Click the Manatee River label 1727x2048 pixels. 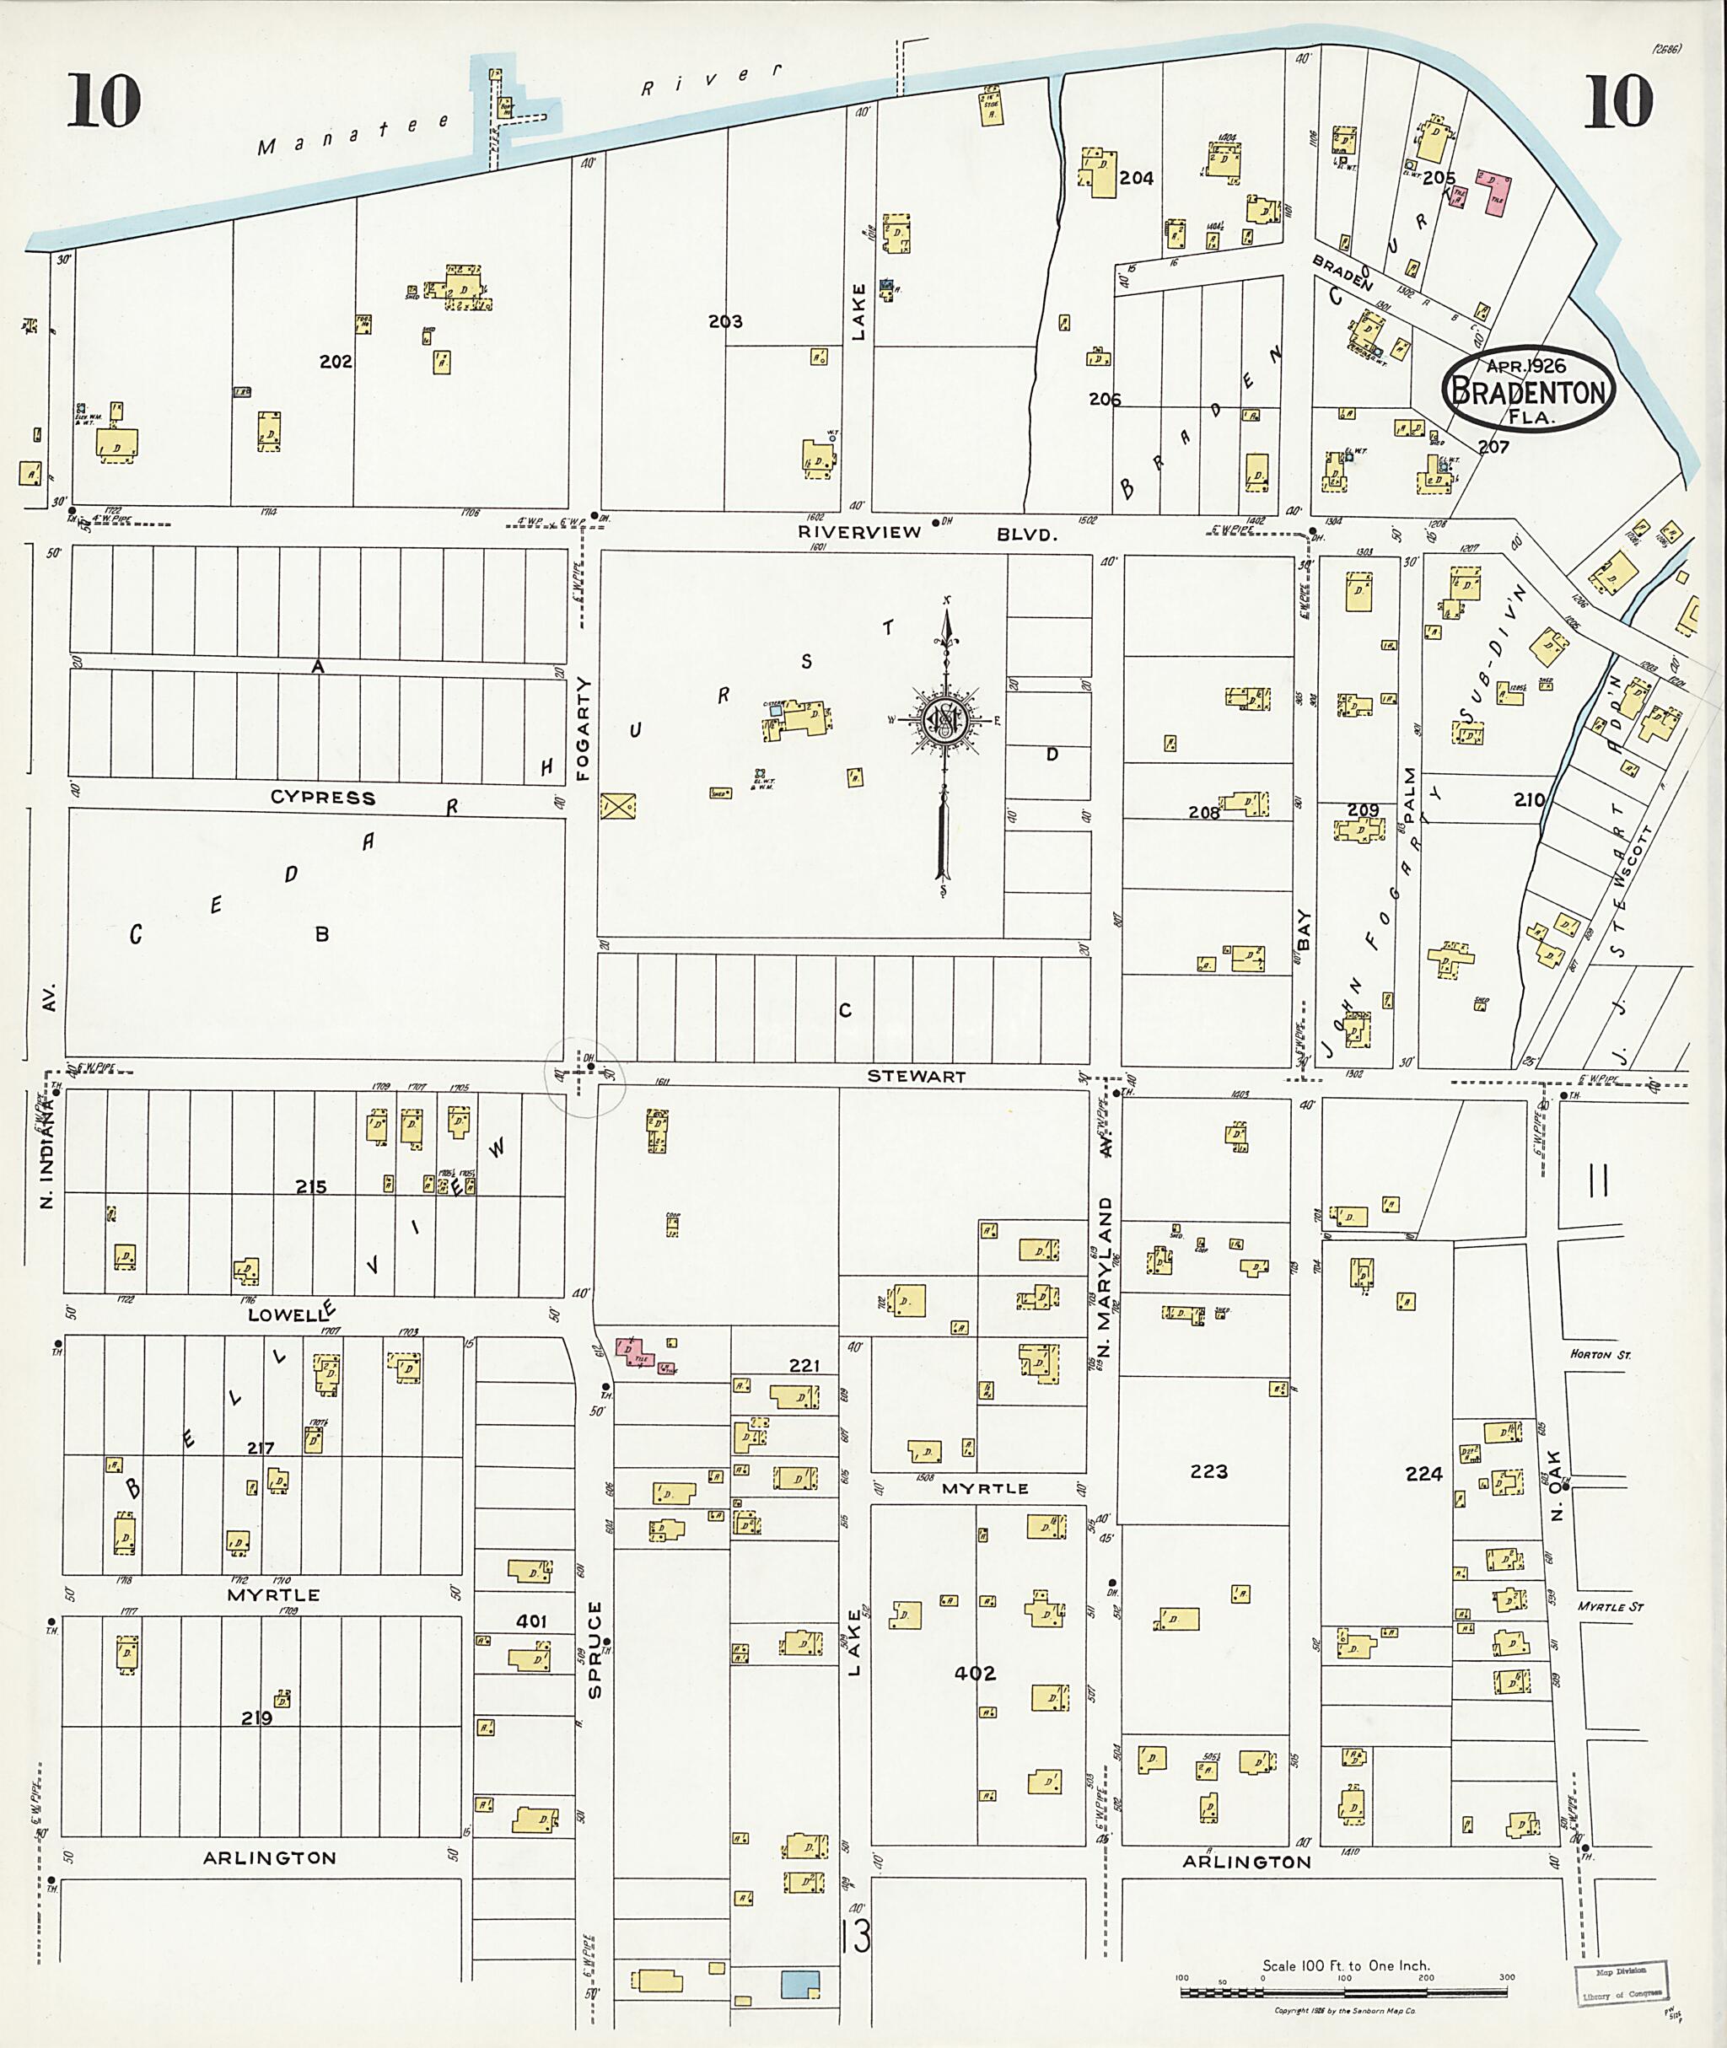[x=519, y=109]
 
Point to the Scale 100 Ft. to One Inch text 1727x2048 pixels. [x=1345, y=1965]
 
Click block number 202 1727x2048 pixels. [x=335, y=361]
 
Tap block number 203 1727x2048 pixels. [x=725, y=321]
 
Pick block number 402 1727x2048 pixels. [x=974, y=1673]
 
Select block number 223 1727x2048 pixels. [x=1208, y=1471]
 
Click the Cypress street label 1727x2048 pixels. [x=322, y=797]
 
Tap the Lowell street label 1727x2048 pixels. [x=286, y=1314]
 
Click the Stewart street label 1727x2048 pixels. [x=917, y=1076]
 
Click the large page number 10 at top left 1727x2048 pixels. [x=104, y=101]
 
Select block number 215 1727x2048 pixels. [x=311, y=1186]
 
